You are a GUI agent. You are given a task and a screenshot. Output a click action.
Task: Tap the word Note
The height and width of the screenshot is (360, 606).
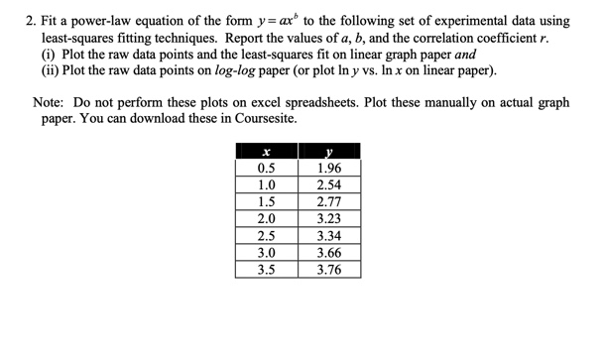(x=50, y=103)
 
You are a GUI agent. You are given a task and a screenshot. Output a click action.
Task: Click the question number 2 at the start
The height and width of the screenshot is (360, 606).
(x=31, y=21)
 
